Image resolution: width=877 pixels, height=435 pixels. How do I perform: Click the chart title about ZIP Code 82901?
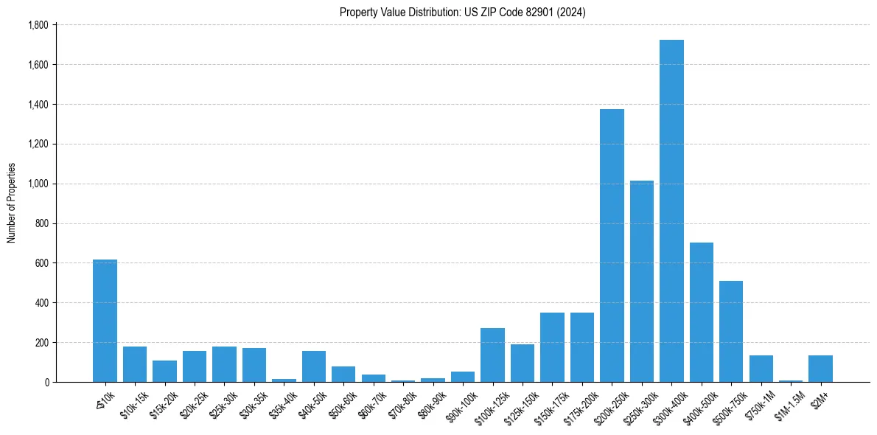tap(462, 12)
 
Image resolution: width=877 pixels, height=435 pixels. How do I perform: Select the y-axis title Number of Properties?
tap(12, 203)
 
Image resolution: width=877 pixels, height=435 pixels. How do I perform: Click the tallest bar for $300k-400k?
tap(671, 211)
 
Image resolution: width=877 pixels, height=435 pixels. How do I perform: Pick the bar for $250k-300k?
tap(641, 281)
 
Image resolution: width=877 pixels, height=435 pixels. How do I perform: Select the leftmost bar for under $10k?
tap(105, 321)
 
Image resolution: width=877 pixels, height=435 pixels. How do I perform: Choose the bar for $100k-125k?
tap(492, 355)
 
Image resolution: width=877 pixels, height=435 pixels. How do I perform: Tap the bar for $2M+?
tap(820, 369)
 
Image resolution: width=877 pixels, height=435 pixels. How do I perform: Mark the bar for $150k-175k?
tap(552, 347)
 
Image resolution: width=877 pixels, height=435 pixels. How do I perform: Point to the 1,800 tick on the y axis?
tap(38, 25)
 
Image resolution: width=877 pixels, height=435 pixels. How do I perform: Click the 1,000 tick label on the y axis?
tap(38, 184)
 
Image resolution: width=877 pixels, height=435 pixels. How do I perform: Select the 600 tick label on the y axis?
tap(41, 263)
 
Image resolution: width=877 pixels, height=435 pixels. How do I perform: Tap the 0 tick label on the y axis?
tap(46, 382)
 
